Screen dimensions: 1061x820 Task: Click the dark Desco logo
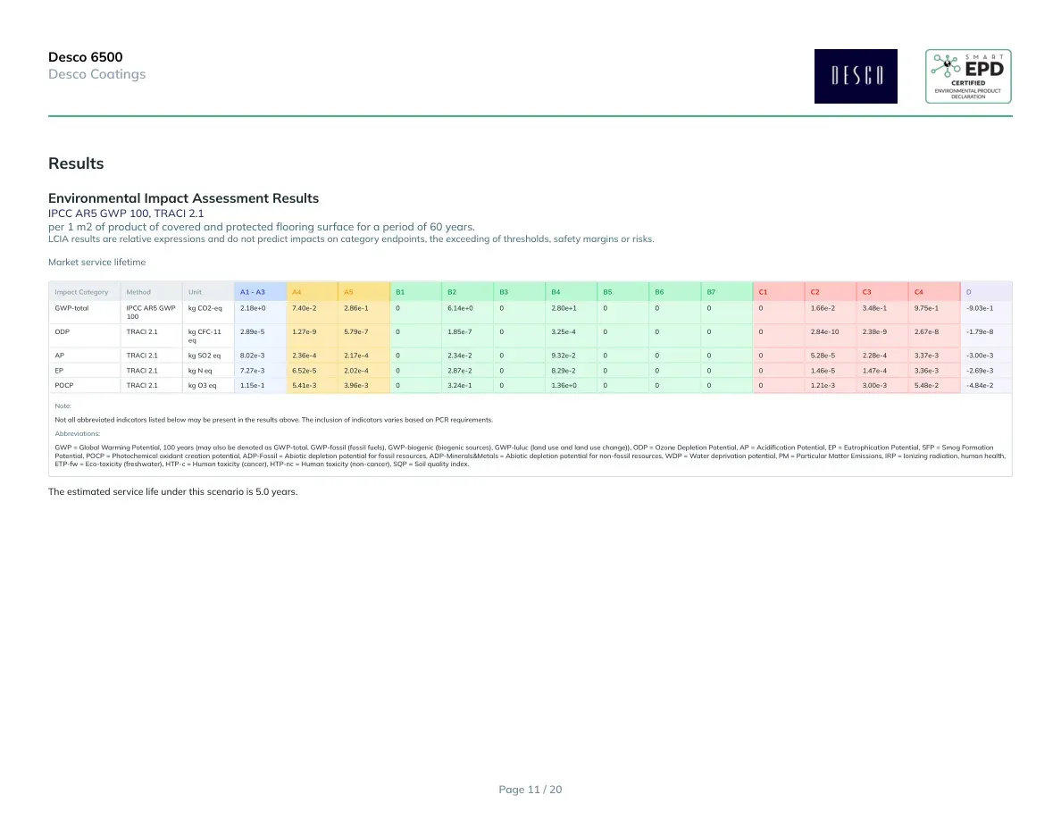[x=856, y=77]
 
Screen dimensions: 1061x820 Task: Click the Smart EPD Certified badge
[x=968, y=77]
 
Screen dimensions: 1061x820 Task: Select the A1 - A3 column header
[x=253, y=292]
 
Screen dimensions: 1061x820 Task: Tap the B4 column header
[x=556, y=292]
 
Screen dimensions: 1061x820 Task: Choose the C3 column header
[x=867, y=292]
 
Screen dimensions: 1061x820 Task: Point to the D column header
[x=969, y=292]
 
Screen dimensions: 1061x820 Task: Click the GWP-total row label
[x=71, y=308]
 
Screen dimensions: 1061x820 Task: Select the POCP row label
[x=64, y=386]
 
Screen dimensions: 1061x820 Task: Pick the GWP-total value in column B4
[x=564, y=308]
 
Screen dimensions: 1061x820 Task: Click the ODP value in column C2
[x=824, y=332]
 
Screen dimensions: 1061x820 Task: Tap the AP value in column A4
[x=304, y=356]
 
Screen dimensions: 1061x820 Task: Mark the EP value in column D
[x=980, y=371]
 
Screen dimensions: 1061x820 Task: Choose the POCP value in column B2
[x=459, y=386]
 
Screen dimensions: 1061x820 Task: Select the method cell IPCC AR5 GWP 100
[x=151, y=312]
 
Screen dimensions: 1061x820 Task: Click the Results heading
[x=76, y=163]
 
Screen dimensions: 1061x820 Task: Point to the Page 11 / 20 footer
[x=530, y=790]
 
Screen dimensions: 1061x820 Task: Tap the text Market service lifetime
[x=96, y=263]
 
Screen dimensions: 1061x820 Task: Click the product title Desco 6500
[x=85, y=57]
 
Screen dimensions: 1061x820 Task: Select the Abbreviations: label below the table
[x=77, y=434]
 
